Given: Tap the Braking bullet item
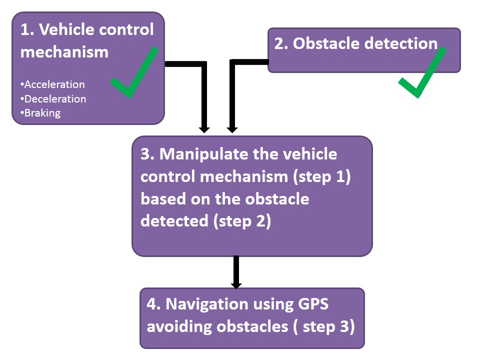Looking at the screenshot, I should [41, 113].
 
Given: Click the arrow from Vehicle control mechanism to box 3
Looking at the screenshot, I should [203, 95].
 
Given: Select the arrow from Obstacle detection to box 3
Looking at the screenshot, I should [232, 95].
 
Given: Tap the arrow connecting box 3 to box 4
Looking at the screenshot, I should [236, 272].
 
